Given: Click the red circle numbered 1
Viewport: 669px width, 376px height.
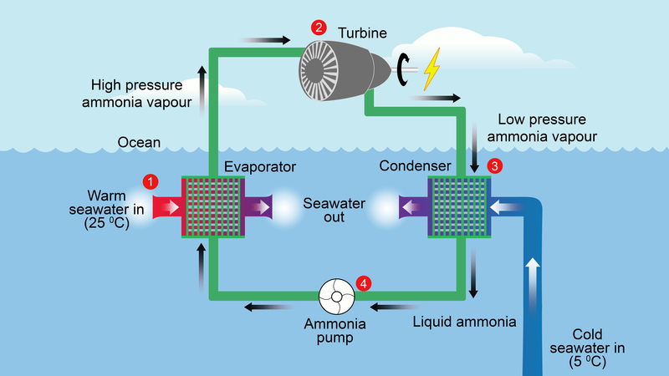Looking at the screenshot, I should (151, 180).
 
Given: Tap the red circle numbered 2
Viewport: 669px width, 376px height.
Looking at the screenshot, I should (319, 27).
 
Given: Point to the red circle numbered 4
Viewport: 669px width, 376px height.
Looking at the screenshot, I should (363, 282).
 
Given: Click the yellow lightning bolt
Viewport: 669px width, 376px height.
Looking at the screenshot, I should (432, 69).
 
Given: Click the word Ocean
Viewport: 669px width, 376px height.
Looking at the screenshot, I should (139, 142).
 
